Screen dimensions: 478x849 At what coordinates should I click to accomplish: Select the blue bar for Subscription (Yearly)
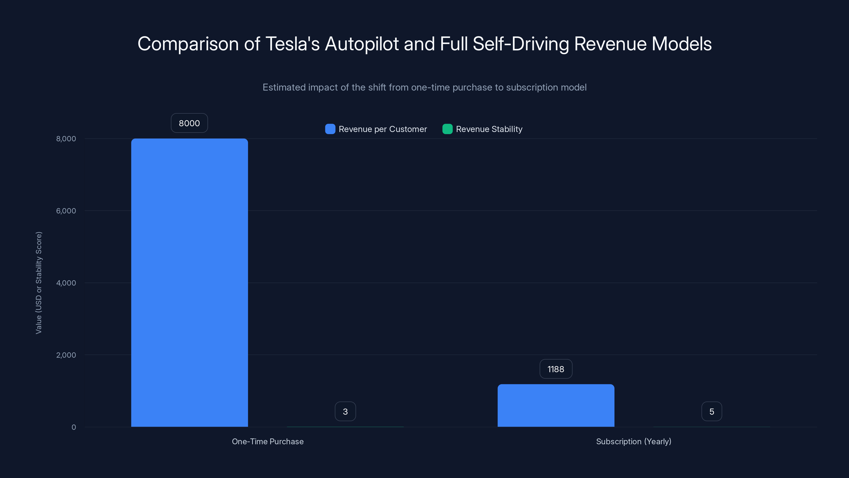[556, 406]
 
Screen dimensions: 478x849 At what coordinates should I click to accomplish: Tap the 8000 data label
[189, 123]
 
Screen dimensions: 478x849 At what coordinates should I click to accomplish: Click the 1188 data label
[556, 369]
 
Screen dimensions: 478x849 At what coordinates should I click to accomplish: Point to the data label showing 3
[345, 411]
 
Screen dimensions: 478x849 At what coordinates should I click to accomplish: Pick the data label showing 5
[712, 411]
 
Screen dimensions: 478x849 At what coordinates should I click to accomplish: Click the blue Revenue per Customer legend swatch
[330, 129]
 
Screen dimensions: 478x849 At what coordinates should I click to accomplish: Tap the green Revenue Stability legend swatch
[447, 129]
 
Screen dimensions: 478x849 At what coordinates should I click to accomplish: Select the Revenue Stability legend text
[489, 129]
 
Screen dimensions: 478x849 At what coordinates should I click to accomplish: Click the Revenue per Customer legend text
[383, 129]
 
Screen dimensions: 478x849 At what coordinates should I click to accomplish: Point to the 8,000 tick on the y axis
[66, 139]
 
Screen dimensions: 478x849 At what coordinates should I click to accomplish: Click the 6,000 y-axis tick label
[66, 211]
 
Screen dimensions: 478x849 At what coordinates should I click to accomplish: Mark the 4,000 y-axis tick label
[66, 283]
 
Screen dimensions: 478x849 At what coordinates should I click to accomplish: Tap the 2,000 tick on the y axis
[66, 355]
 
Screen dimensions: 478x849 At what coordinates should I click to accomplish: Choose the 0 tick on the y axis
[73, 427]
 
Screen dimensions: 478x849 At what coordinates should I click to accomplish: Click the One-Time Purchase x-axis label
[268, 441]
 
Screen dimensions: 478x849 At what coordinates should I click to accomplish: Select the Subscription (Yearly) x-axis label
[634, 441]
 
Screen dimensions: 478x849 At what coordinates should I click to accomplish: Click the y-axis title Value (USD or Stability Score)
[38, 283]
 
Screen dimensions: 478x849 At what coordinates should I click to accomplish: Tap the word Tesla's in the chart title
[292, 44]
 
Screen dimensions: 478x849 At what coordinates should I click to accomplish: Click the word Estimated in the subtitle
[284, 87]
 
